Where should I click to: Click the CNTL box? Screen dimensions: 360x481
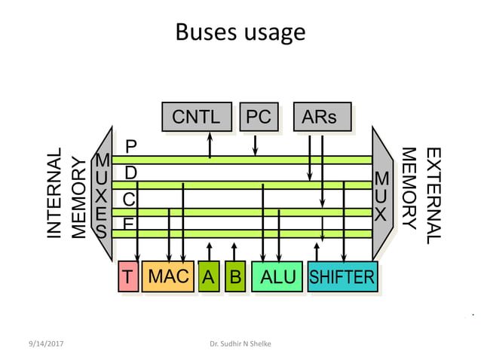pos(196,117)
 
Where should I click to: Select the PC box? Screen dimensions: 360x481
pos(257,117)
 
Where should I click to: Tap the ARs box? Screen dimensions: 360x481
pos(321,117)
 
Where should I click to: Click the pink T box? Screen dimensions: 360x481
pos(129,276)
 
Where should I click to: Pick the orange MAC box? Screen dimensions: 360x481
pos(168,276)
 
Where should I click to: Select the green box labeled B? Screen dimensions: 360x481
pos(234,276)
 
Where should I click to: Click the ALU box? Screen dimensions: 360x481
pos(277,276)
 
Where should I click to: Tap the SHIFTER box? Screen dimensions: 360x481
pos(342,276)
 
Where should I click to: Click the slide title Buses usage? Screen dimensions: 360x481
pos(240,32)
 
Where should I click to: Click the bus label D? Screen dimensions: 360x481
pos(130,172)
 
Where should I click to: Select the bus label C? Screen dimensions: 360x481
pos(130,200)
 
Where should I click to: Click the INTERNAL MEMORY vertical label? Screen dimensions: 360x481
pos(66,194)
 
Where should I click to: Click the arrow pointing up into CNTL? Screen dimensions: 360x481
pos(210,144)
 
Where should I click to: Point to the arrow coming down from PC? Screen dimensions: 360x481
pos(256,144)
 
